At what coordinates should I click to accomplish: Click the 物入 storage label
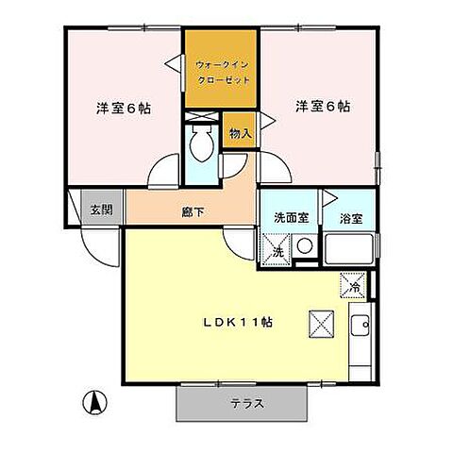point(240,133)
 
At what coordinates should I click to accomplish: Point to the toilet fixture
point(200,145)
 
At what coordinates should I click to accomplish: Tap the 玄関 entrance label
point(101,210)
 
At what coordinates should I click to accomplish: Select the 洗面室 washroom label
point(285,218)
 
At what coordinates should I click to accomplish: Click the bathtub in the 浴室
point(348,251)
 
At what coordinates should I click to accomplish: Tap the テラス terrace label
point(245,403)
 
